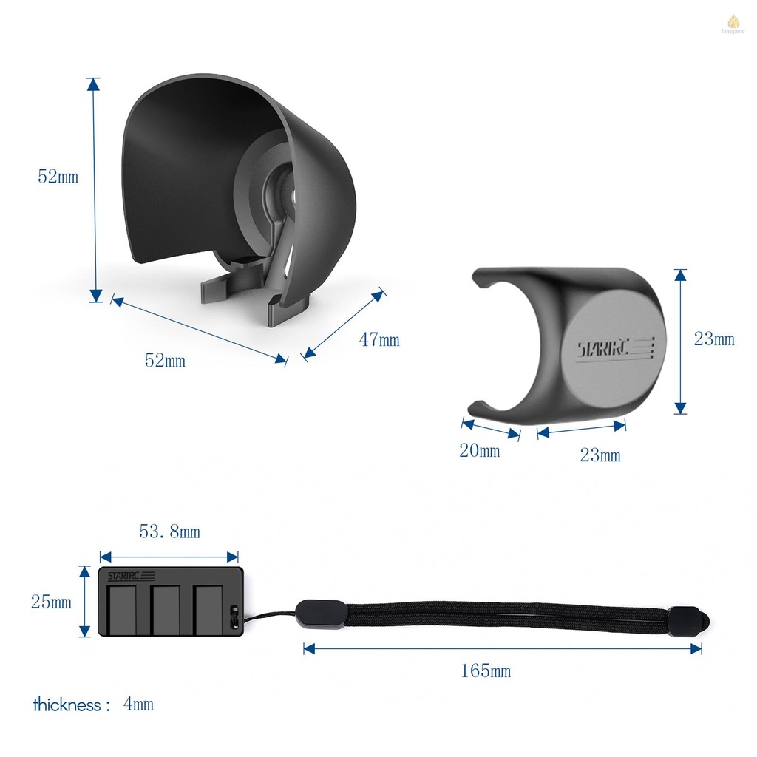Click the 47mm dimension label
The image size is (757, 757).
tap(379, 339)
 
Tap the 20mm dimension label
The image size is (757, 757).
tap(479, 450)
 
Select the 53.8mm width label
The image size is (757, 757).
tap(169, 532)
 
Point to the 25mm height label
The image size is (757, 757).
tap(51, 602)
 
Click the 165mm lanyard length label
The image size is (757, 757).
tap(486, 671)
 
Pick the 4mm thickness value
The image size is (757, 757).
tap(138, 704)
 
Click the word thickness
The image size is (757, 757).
tap(67, 705)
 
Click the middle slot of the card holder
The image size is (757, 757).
tap(166, 609)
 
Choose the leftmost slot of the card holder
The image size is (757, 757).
tap(123, 609)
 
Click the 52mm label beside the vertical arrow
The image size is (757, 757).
tap(58, 177)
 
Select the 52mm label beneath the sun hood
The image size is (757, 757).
tap(165, 360)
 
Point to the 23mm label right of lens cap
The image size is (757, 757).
tap(714, 339)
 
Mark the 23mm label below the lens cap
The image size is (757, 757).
tap(600, 455)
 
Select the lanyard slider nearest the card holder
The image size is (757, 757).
tap(320, 614)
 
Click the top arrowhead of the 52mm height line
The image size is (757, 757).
tap(94, 84)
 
